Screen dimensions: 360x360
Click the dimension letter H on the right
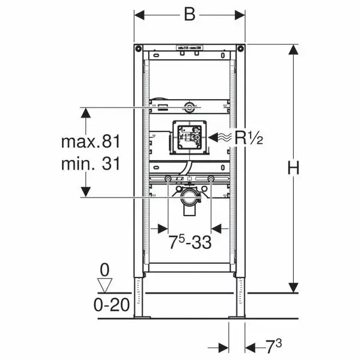coord(293,169)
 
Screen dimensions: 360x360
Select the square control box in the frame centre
coord(189,137)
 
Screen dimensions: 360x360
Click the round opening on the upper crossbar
coord(189,107)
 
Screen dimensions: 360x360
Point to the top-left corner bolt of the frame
coord(139,48)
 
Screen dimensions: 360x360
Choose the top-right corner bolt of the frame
coord(240,48)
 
